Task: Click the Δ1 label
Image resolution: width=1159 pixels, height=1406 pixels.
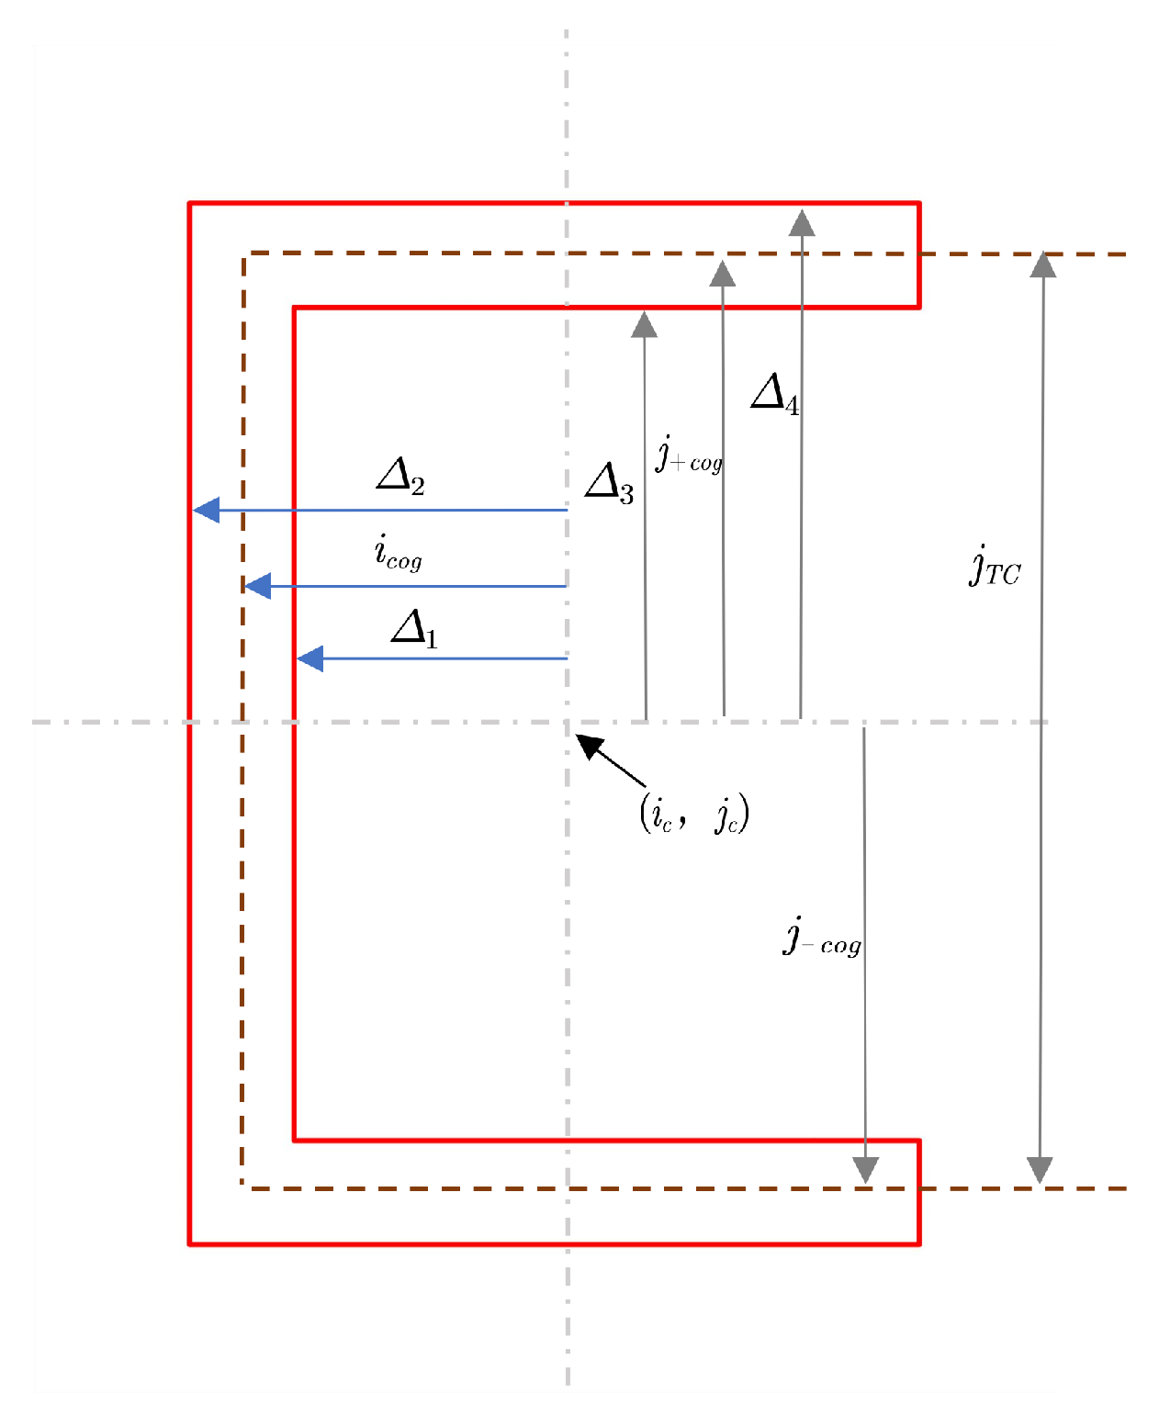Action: click(414, 629)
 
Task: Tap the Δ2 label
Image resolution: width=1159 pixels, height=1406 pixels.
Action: click(400, 477)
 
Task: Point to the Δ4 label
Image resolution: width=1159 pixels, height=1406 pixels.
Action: click(774, 394)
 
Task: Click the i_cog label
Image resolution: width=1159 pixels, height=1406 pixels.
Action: click(398, 553)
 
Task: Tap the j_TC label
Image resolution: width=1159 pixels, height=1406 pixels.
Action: click(995, 565)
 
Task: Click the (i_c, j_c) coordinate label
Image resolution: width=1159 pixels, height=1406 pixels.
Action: click(694, 813)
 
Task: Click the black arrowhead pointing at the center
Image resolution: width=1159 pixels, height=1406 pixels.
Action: click(589, 745)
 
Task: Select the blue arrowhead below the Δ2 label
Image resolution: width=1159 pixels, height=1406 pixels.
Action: click(206, 510)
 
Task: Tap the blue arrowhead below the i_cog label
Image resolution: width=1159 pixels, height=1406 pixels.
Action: click(257, 586)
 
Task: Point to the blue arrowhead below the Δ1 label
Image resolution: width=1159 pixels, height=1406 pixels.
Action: click(309, 658)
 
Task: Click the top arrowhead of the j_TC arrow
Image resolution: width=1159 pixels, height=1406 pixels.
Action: click(1042, 264)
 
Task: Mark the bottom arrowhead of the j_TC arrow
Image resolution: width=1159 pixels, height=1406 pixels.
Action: click(1040, 1171)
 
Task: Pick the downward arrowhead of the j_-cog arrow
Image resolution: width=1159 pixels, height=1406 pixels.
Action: click(865, 1171)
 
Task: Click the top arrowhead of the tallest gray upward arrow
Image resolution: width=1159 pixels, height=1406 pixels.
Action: click(802, 222)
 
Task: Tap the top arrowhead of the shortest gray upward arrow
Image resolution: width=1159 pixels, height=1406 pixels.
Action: click(644, 324)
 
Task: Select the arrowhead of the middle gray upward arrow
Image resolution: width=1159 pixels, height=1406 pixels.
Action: click(723, 273)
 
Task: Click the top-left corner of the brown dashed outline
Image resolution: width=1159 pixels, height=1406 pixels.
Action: click(243, 253)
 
